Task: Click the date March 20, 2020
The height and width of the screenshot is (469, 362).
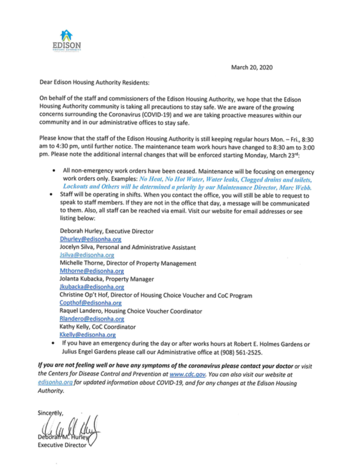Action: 252,67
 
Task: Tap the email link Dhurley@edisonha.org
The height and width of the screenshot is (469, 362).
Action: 86,239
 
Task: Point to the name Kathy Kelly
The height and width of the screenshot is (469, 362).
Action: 75,327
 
